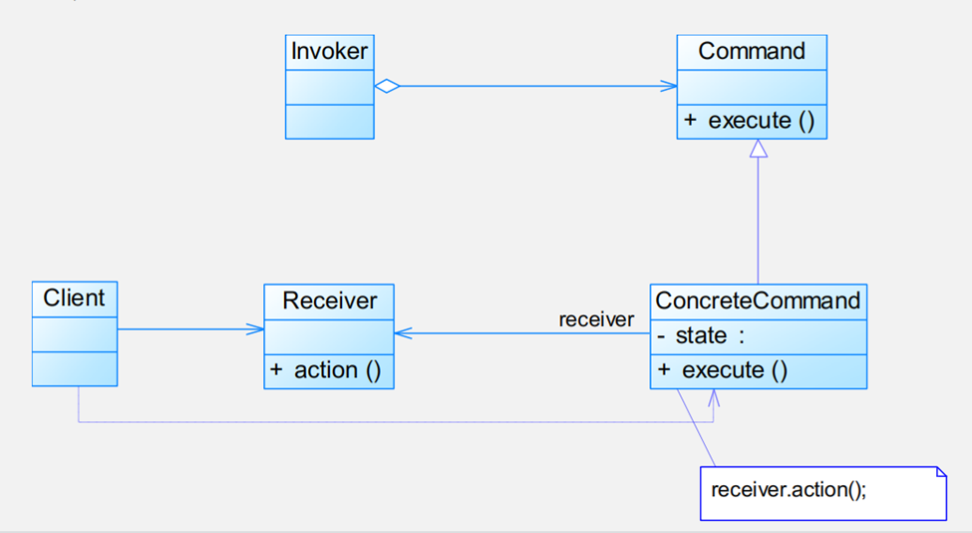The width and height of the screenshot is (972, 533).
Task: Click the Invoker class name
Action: (x=330, y=52)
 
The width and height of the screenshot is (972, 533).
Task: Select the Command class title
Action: (x=752, y=52)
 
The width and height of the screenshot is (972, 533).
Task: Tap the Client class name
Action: (x=74, y=297)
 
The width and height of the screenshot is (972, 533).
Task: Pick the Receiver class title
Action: (x=329, y=300)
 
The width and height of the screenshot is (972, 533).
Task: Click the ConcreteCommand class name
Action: (x=758, y=300)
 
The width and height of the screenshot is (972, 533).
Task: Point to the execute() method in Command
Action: (x=751, y=121)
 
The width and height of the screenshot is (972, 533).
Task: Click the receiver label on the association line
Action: (x=596, y=319)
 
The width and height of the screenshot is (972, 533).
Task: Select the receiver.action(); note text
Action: (x=789, y=491)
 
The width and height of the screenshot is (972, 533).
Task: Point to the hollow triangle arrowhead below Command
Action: (x=759, y=149)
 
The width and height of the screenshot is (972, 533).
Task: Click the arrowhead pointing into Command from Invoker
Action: (x=669, y=86)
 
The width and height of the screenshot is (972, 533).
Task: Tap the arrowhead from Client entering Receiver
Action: (x=256, y=329)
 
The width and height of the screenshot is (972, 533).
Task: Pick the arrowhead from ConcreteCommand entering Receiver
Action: (x=403, y=334)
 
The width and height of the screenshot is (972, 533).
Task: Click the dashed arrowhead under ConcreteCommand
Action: (x=714, y=396)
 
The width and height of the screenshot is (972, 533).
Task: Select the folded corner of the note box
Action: (x=939, y=472)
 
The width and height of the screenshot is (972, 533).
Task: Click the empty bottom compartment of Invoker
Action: (x=330, y=121)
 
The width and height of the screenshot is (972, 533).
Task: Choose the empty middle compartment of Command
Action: (x=752, y=87)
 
